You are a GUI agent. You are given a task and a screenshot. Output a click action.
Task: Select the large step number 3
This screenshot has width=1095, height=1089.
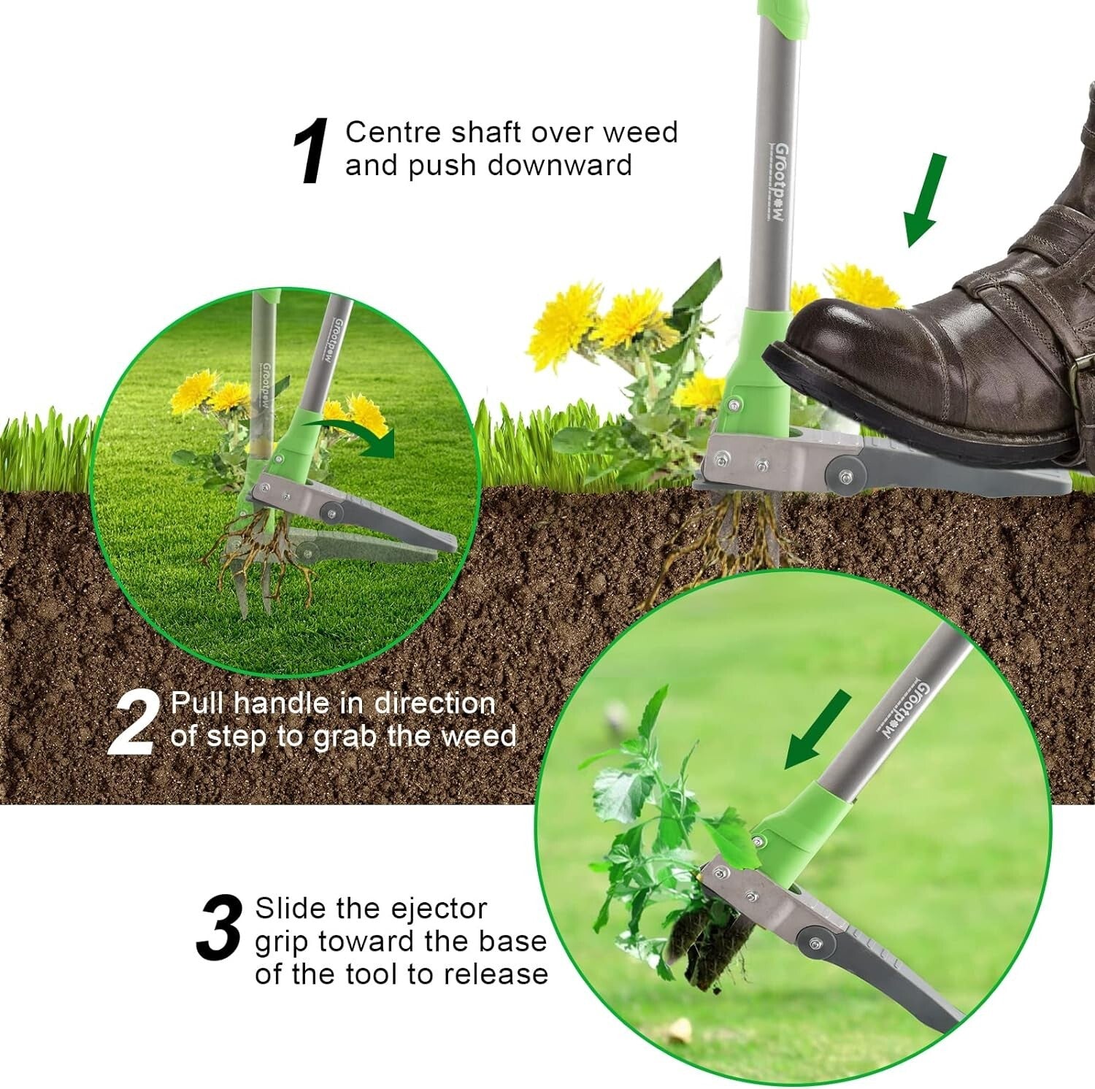[220, 928]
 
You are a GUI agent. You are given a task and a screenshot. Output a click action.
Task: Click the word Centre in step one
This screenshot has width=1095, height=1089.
[393, 133]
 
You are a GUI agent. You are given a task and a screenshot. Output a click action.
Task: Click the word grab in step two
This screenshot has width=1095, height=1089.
[342, 736]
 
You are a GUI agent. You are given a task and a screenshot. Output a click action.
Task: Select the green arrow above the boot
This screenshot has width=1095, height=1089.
[925, 199]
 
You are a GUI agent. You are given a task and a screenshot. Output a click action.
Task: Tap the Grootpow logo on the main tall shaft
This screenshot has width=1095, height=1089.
[779, 182]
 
